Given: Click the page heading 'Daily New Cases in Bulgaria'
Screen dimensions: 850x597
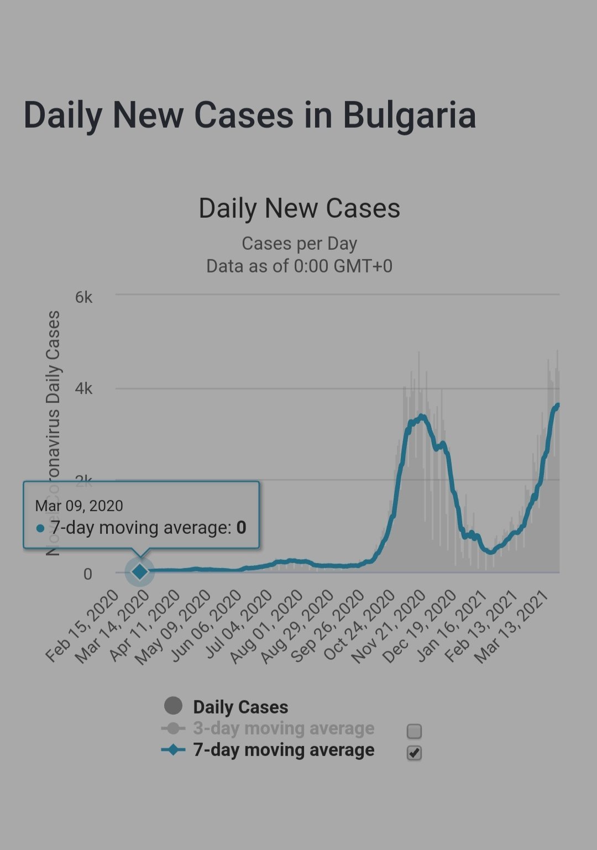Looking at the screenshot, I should (249, 115).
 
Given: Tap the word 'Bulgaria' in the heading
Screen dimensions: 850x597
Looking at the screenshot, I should (409, 115).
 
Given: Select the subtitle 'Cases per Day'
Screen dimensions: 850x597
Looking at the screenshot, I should (299, 243).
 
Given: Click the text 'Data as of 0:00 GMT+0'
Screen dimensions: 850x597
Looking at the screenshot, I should (299, 266).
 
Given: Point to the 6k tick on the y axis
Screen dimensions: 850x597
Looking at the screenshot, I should (83, 297).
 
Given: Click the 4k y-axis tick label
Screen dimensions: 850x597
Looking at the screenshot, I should (83, 389).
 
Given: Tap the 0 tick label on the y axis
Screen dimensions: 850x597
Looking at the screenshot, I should (87, 574).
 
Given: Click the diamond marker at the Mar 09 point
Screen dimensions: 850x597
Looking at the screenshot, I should (140, 571).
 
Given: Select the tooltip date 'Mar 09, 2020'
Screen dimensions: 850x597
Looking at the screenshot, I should (79, 506).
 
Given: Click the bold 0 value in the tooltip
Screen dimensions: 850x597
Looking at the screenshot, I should (241, 528).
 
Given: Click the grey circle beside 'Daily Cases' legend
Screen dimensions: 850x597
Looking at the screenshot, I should (173, 706).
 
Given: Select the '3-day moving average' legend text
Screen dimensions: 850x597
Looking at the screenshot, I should (284, 728).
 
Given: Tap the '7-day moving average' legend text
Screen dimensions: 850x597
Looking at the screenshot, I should (284, 750).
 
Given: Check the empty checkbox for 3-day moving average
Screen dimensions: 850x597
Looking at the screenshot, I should (414, 731).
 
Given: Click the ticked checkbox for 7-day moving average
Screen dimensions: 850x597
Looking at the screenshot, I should (414, 753).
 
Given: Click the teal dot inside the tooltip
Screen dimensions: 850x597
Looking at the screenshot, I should (40, 528).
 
